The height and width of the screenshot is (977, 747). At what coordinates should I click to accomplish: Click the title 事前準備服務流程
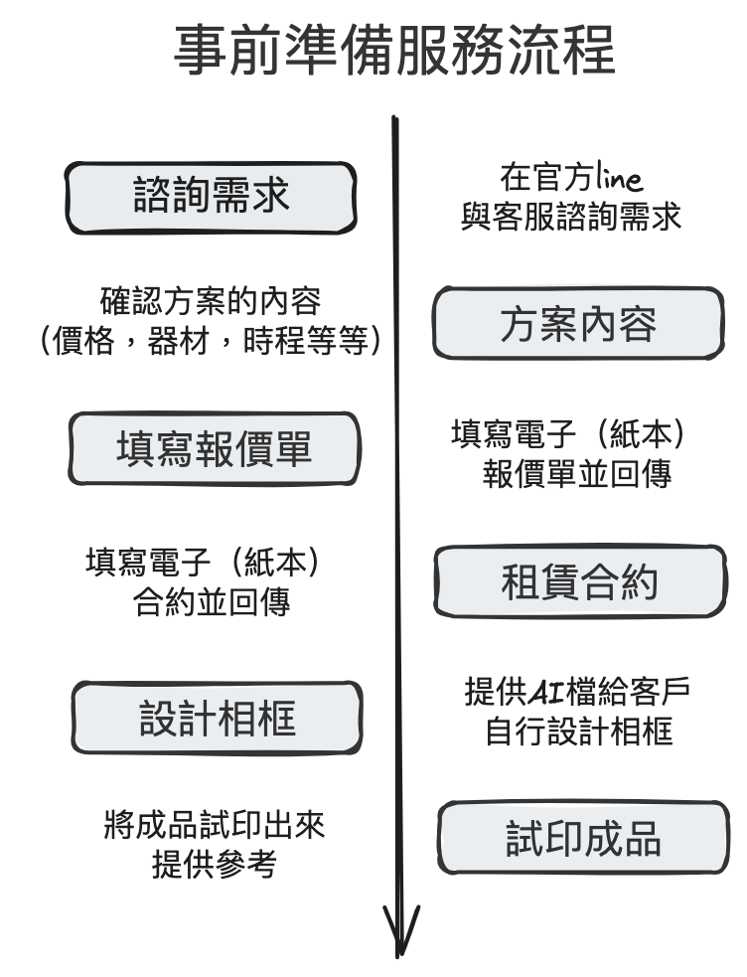point(394,52)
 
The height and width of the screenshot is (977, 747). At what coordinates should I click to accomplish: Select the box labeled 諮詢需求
point(211,196)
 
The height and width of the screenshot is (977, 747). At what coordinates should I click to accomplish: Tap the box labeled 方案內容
point(578,324)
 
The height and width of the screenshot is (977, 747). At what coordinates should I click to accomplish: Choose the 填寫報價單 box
point(214,449)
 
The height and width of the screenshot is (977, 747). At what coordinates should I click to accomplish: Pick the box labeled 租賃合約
point(579,582)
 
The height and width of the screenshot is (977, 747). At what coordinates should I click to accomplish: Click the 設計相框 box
point(217,718)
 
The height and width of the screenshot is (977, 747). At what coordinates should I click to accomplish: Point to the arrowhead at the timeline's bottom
point(400,934)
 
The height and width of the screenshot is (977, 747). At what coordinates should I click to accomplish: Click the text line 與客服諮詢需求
point(572,218)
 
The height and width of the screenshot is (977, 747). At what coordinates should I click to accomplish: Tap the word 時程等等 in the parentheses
point(306,342)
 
